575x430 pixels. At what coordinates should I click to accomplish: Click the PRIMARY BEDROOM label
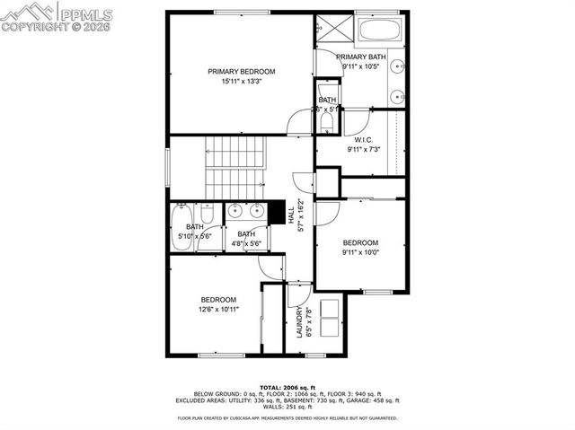[x=241, y=72]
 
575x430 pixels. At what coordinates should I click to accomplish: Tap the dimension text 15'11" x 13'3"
[x=241, y=82]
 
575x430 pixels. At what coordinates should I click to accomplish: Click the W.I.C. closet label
[x=364, y=140]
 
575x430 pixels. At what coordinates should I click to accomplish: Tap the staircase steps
[x=236, y=165]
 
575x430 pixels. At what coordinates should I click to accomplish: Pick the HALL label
[x=291, y=215]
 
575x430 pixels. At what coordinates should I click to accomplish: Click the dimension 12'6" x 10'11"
[x=218, y=309]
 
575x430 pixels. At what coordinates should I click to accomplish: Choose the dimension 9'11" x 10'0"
[x=360, y=252]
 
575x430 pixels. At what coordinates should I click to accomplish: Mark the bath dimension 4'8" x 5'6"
[x=245, y=243]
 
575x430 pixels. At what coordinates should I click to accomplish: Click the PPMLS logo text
[x=86, y=13]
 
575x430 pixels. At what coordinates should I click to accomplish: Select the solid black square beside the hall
[x=276, y=212]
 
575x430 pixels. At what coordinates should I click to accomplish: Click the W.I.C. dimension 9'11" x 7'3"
[x=364, y=149]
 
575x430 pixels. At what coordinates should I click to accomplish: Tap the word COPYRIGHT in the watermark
[x=27, y=27]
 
